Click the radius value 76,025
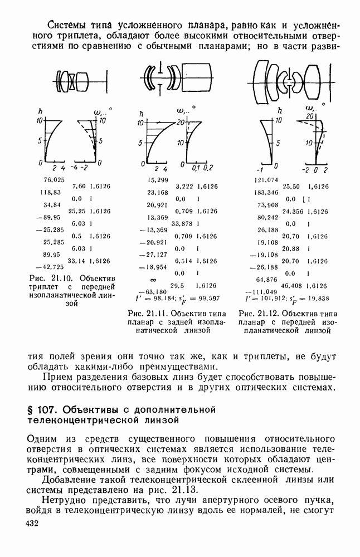53,179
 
